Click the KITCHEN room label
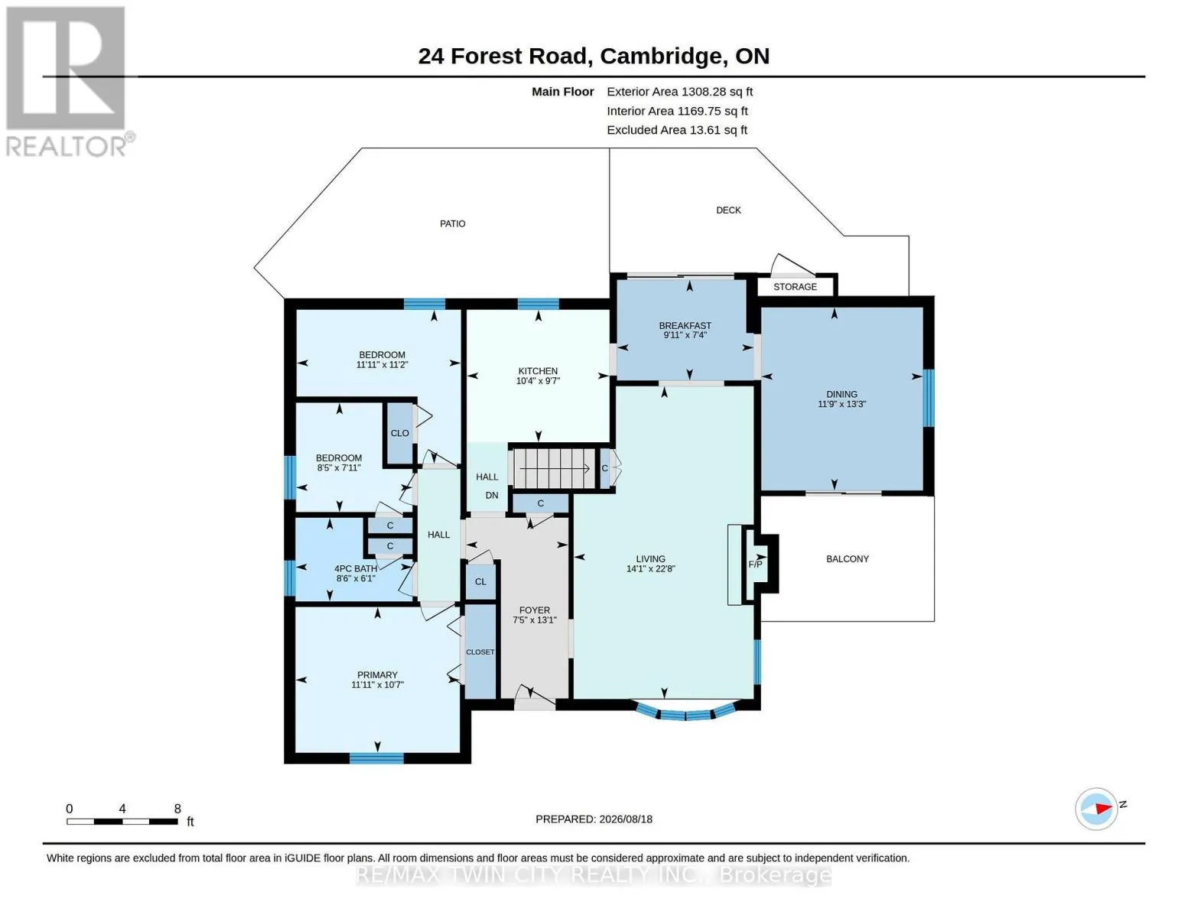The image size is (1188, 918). coord(538,371)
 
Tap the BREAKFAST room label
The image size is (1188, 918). coord(685,325)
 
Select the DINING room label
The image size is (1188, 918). coord(841,394)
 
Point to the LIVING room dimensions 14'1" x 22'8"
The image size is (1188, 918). coord(650,568)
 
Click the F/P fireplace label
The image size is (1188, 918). coord(755,565)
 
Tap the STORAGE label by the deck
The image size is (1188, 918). coord(795,287)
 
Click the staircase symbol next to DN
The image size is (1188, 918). coord(554,469)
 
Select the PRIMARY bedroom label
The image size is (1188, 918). coord(377,675)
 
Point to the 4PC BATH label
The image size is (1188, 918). coord(356,568)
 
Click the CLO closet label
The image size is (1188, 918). coord(399,433)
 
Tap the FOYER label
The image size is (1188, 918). coord(535,610)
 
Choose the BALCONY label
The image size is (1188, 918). coord(848,558)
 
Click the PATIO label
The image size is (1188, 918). coord(453,223)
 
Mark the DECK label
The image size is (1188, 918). coord(728,210)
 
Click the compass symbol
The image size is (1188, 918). coord(1096,809)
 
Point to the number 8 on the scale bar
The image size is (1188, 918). coord(177,809)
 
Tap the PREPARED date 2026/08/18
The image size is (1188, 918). coord(626,819)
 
